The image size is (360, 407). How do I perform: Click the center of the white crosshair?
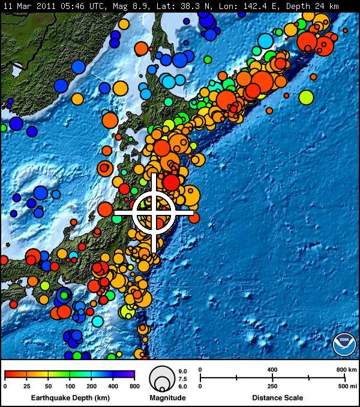point(154,212)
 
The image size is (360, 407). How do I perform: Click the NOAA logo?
point(344,343)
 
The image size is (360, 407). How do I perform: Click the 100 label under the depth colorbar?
point(70,386)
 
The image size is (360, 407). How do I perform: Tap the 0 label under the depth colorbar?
point(5,386)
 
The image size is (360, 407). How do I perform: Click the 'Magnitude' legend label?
point(167,397)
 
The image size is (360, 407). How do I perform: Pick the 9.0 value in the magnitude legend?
point(183,371)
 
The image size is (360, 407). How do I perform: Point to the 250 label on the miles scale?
point(272,386)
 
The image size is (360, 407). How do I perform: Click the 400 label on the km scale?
point(272,369)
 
